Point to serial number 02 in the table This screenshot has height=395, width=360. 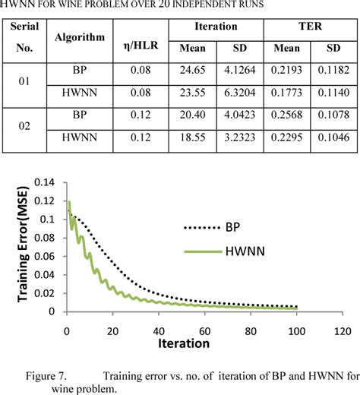(x=24, y=130)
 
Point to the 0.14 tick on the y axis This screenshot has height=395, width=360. (x=46, y=183)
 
